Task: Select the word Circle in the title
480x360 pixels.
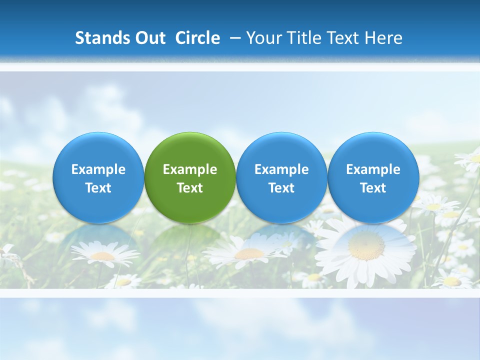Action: [x=197, y=38]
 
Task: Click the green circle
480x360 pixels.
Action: [x=190, y=177]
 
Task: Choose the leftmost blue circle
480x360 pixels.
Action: [x=98, y=177]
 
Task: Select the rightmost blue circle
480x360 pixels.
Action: [x=373, y=177]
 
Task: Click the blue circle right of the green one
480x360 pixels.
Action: [x=281, y=177]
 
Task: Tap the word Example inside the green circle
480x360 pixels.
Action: [x=190, y=169]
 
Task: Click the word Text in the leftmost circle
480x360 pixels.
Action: [x=98, y=188]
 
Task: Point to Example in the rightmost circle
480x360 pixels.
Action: [x=373, y=169]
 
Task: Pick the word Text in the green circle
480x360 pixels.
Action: [x=190, y=188]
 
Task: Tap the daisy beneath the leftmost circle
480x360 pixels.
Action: [x=103, y=255]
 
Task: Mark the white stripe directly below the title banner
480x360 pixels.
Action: [x=240, y=67]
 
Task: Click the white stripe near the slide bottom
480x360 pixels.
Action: [x=240, y=293]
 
